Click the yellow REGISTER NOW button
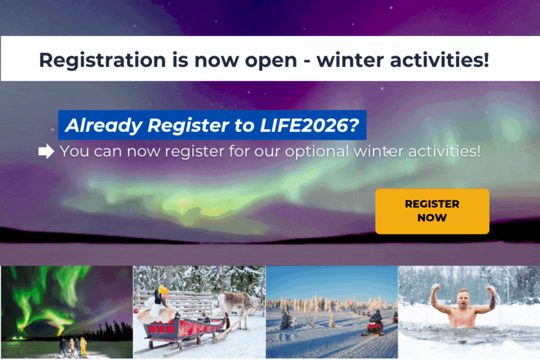[x=432, y=211]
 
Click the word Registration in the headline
[x=102, y=60]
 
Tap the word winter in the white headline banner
[x=350, y=60]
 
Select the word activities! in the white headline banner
[x=440, y=60]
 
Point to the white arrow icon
[x=46, y=151]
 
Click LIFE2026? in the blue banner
[x=310, y=125]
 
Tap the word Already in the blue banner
[x=104, y=126]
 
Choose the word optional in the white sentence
[x=317, y=152]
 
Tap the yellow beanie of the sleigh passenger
[x=163, y=290]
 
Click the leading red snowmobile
[x=373, y=328]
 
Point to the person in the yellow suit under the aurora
[x=83, y=346]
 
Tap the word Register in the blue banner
[x=188, y=126]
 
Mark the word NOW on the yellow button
[x=432, y=218]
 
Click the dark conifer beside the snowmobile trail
[x=287, y=317]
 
